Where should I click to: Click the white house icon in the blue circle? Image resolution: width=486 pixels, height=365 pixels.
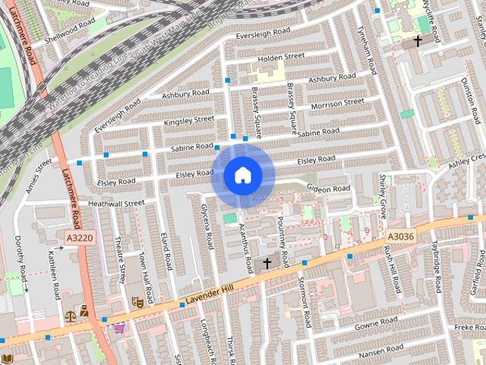coord(242,175)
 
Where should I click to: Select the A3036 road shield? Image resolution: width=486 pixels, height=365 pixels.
coord(400,237)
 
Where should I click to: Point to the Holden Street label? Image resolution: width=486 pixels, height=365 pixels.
coord(280,56)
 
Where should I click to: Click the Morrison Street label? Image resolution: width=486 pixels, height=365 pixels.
coord(337,103)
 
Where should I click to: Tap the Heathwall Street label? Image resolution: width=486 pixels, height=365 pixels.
coord(115,203)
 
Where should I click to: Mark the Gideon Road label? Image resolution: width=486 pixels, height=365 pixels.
coord(328,189)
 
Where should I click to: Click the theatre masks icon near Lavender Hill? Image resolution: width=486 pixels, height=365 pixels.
coord(138,302)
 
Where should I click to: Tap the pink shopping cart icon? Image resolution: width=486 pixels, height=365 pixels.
coord(119,328)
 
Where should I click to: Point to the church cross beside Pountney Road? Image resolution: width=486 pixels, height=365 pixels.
coord(267,264)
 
